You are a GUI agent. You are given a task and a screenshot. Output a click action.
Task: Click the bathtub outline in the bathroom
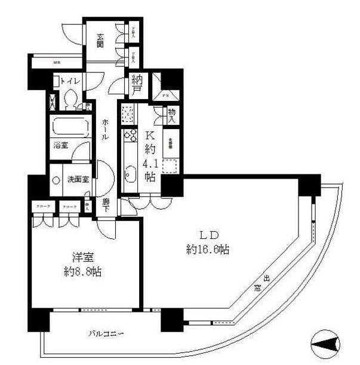point(69,127)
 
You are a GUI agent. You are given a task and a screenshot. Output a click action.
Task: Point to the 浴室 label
point(60,145)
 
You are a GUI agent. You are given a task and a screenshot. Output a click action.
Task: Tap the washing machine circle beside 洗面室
point(54,179)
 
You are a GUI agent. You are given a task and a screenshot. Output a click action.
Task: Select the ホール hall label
point(105,128)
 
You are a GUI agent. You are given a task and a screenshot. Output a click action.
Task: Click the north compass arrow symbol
point(326,343)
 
